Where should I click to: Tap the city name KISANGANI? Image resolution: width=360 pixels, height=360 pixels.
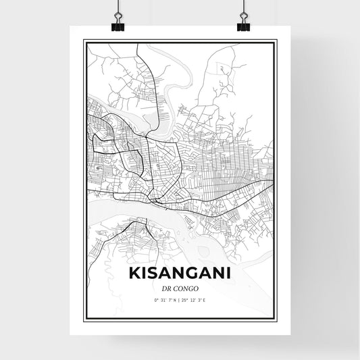pyautogui.click(x=179, y=274)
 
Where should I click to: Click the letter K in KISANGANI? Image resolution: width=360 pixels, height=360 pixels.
pyautogui.click(x=132, y=274)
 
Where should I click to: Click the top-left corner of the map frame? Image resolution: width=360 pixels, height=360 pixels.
pyautogui.click(x=84, y=41)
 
